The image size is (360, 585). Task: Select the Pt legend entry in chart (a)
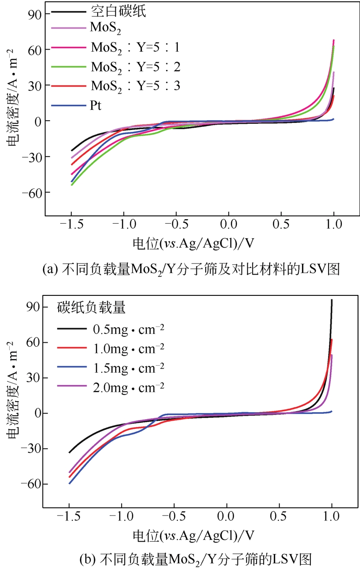[96, 105]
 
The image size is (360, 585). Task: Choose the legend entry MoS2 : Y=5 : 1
[135, 46]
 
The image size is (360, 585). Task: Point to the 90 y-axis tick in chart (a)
[33, 14]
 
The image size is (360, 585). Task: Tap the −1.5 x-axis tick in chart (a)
[71, 224]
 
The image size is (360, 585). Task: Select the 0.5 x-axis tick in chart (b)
[280, 516]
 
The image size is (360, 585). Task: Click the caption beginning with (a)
[191, 269]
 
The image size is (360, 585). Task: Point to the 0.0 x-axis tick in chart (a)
[229, 224]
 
